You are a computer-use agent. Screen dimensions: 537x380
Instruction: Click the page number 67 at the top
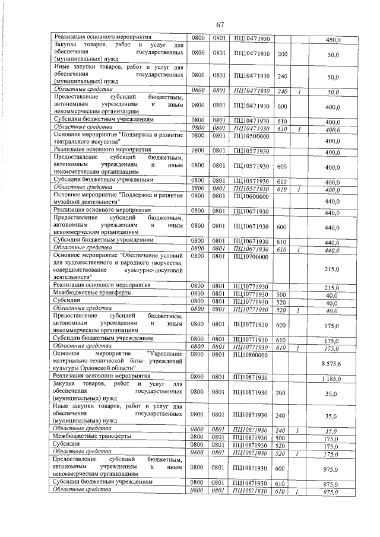click(220, 24)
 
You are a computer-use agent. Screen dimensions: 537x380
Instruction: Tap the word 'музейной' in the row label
click(69, 202)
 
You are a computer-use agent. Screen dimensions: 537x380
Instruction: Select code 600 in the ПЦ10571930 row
click(282, 167)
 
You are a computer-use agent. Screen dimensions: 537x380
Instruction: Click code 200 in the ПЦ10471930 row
click(282, 55)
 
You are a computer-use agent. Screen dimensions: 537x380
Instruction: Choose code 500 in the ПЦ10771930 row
click(282, 294)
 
